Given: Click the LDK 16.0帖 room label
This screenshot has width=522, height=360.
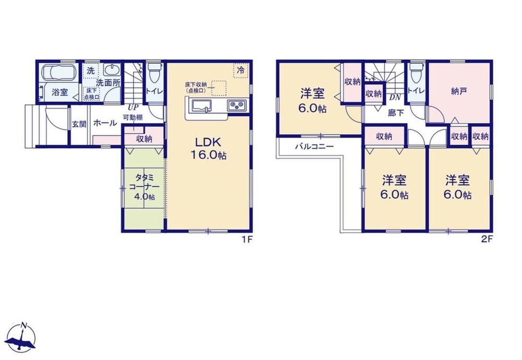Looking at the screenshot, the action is tap(208, 148).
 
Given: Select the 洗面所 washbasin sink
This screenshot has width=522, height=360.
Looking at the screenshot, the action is tap(112, 70).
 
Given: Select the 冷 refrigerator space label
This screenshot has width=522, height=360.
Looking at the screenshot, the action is tap(241, 70).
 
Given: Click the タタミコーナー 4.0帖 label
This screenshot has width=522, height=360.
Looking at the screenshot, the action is tap(144, 187).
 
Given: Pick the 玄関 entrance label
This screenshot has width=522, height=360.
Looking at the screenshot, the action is tap(79, 124).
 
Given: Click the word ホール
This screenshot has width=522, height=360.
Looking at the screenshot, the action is tap(105, 123).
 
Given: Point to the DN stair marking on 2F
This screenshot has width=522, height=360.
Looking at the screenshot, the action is tap(395, 98).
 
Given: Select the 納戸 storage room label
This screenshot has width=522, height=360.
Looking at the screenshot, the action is tap(459, 91).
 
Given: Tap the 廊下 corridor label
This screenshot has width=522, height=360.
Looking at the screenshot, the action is tap(396, 112).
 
